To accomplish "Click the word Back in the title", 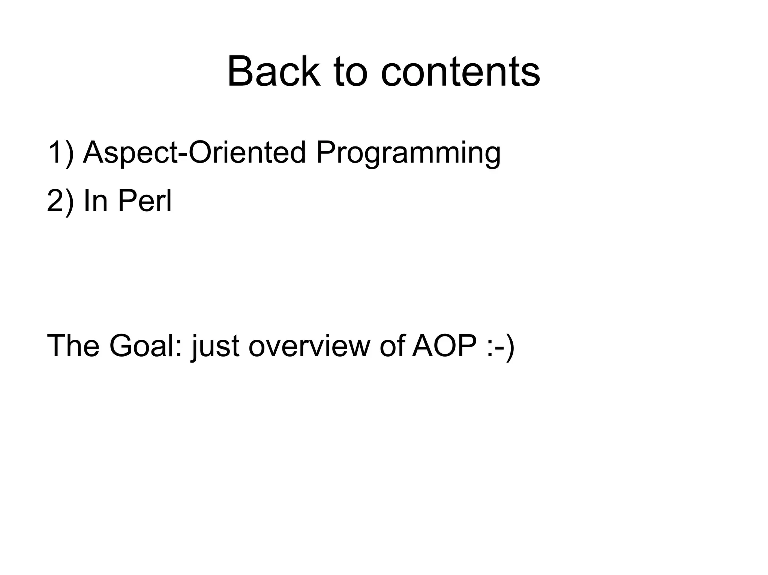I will click(x=274, y=71).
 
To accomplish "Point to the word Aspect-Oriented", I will click(x=194, y=152).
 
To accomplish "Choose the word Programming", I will click(x=408, y=154).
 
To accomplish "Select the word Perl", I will click(x=144, y=201).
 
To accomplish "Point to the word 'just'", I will click(x=215, y=346).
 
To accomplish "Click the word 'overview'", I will click(x=309, y=346).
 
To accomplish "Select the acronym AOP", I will click(x=444, y=345).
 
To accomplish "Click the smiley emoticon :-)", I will click(x=500, y=346).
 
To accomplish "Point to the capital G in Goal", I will click(x=121, y=345).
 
